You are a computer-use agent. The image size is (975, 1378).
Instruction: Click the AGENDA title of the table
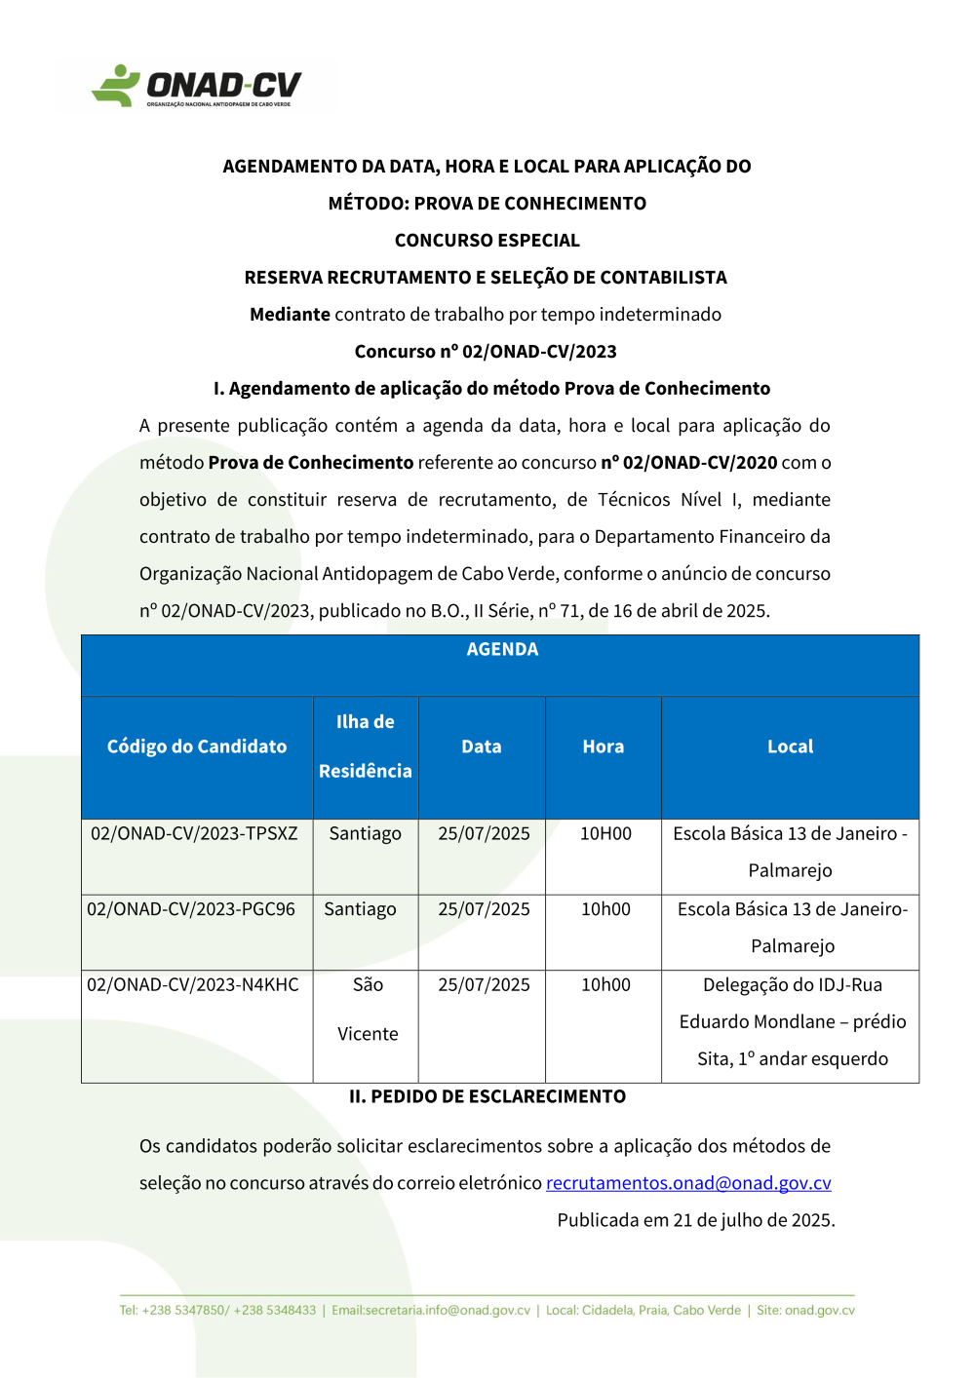[x=502, y=649]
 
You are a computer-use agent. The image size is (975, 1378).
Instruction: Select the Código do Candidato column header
[x=197, y=746]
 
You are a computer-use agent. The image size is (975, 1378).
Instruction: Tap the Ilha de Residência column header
[x=366, y=746]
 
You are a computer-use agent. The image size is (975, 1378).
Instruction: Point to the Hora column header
[x=604, y=746]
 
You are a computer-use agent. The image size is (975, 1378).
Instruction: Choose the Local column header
[x=790, y=746]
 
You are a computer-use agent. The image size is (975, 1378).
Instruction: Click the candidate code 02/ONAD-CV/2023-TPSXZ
[x=194, y=833]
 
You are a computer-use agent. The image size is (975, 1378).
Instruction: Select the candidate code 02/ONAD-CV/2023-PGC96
[x=191, y=909]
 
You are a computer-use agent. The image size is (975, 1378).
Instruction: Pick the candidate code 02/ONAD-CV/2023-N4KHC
[x=193, y=984]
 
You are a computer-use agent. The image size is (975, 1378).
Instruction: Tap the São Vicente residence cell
[x=368, y=1009]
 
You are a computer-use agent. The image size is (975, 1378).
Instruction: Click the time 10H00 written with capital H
[x=605, y=833]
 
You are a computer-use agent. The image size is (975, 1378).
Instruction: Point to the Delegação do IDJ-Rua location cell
[x=792, y=1021]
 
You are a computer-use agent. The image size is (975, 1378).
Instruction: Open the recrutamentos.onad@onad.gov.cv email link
[x=688, y=1183]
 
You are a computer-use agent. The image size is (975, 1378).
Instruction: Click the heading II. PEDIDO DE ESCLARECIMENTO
[x=487, y=1096]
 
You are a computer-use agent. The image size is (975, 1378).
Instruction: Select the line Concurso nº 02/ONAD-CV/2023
[x=486, y=352]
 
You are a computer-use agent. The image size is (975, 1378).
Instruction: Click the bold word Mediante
[x=290, y=315]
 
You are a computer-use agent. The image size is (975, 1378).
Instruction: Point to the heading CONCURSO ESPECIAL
[x=487, y=241]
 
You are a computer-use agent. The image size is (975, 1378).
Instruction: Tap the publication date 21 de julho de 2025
[x=754, y=1220]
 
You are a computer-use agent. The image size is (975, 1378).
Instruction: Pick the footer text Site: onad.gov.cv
[x=805, y=1311]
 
